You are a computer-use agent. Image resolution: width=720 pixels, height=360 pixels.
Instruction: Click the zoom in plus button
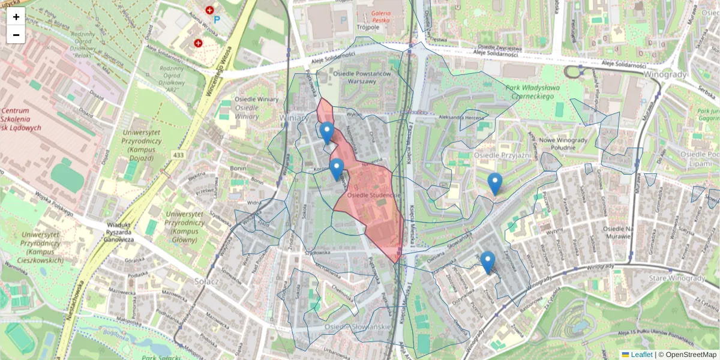click(x=16, y=17)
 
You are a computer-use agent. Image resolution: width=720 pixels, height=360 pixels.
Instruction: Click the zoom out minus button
click(x=16, y=35)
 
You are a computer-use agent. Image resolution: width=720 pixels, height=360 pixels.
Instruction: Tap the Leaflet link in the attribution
click(x=641, y=355)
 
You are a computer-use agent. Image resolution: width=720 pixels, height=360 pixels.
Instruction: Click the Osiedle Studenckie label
click(x=373, y=195)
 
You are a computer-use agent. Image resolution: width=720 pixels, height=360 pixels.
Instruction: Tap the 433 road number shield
click(x=179, y=155)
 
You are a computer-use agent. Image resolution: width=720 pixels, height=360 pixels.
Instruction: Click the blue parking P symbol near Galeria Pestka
click(x=343, y=20)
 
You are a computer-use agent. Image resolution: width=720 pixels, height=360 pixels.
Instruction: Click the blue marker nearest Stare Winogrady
click(x=488, y=262)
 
